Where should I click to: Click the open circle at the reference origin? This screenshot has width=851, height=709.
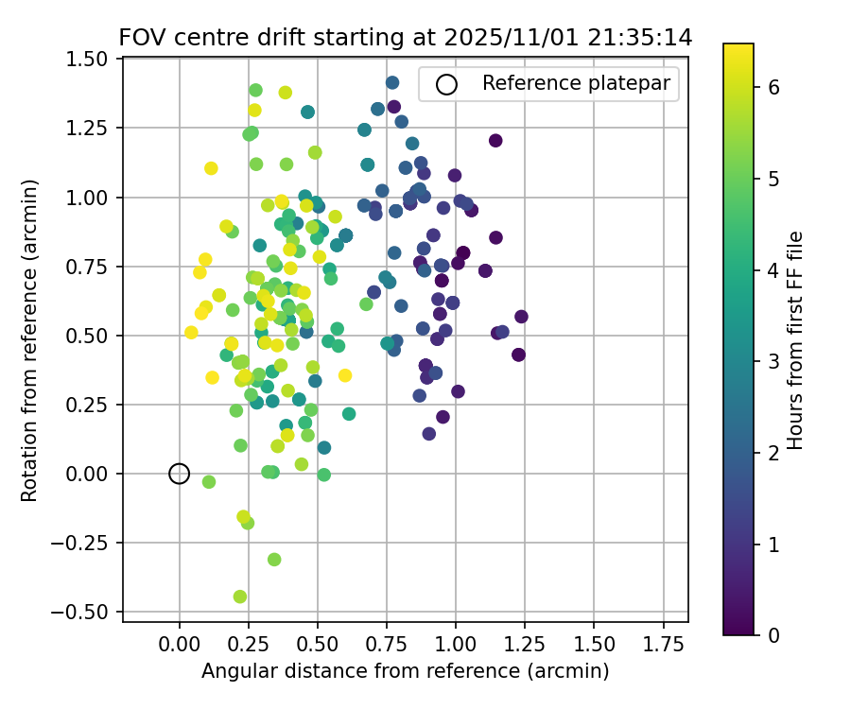[x=180, y=474]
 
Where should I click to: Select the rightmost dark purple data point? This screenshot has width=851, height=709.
[x=521, y=316]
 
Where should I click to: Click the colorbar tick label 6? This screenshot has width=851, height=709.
[x=773, y=87]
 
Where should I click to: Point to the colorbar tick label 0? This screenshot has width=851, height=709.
[x=773, y=634]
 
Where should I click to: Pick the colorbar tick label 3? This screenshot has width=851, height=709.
[x=773, y=361]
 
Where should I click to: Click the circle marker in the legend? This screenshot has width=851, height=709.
[x=446, y=84]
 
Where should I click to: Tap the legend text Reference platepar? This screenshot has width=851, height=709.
[x=576, y=83]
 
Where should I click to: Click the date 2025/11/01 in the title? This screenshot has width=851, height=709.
[x=512, y=38]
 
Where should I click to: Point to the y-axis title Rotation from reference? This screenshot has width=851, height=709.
[x=30, y=340]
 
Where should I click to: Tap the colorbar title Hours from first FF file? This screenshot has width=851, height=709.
[x=796, y=340]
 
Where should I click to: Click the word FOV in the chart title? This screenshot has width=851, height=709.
[x=142, y=38]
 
